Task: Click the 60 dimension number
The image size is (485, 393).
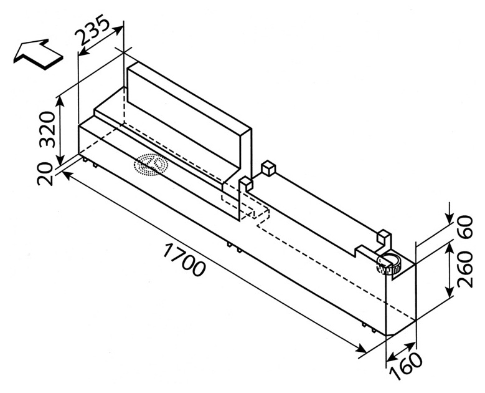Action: click(x=465, y=227)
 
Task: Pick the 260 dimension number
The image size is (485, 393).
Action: click(x=465, y=270)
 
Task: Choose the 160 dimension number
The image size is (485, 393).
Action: click(x=406, y=367)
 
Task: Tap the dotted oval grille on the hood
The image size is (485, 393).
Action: click(x=151, y=164)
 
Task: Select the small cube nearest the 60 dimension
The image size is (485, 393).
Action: click(x=384, y=238)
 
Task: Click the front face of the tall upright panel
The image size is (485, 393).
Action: click(x=184, y=120)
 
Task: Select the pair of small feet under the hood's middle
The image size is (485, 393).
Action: click(x=234, y=246)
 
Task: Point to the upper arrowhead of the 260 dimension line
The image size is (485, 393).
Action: click(x=450, y=246)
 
